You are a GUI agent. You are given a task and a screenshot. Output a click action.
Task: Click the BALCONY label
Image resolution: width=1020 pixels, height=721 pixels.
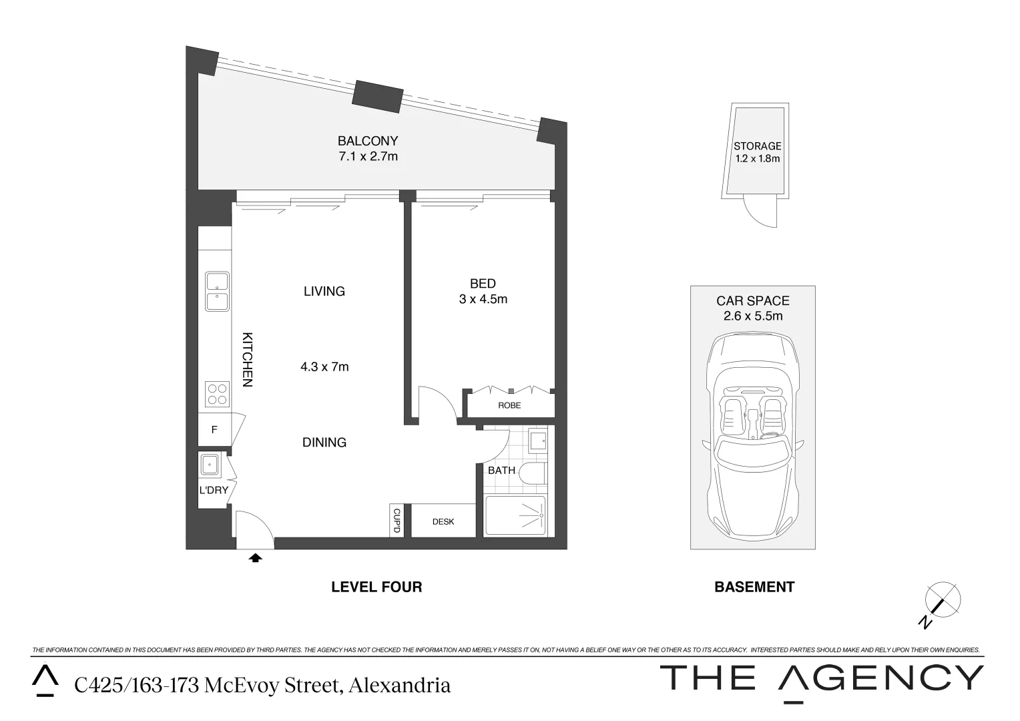click(x=367, y=141)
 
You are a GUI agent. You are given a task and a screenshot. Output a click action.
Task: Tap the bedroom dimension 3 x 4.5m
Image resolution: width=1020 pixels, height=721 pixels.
click(x=483, y=299)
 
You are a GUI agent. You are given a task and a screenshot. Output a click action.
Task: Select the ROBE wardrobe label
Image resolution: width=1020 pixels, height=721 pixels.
click(x=509, y=405)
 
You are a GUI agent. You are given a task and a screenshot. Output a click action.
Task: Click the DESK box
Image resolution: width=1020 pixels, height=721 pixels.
click(x=443, y=521)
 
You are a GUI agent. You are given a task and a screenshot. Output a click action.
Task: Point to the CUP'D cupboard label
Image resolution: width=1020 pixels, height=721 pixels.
click(x=396, y=521)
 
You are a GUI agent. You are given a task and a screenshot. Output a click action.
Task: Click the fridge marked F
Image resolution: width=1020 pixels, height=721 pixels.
click(x=214, y=430)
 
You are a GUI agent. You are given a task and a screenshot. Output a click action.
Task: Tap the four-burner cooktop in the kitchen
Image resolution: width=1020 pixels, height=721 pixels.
click(x=216, y=394)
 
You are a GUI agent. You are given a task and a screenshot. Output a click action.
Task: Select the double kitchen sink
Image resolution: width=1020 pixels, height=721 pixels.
click(x=216, y=291)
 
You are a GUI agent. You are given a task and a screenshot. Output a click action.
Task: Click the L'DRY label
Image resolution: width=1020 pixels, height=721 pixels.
click(x=214, y=490)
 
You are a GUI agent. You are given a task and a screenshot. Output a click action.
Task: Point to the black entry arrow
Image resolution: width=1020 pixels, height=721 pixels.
click(x=255, y=557)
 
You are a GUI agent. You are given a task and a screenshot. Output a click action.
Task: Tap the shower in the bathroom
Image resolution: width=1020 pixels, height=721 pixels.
click(x=515, y=515)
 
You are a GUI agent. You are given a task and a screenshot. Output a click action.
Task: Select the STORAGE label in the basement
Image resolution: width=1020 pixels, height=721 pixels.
click(x=757, y=146)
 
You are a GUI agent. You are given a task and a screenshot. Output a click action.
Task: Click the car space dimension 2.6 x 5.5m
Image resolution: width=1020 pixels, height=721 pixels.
click(x=753, y=316)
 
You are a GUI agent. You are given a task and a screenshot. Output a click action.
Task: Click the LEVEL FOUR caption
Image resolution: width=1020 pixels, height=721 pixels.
click(x=376, y=587)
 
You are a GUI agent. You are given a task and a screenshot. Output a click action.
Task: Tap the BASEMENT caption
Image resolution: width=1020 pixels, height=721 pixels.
click(x=754, y=587)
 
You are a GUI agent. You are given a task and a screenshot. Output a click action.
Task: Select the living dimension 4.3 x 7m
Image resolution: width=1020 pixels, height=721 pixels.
click(x=324, y=367)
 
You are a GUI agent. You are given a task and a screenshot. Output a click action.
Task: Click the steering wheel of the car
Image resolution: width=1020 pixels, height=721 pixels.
click(x=772, y=437)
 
